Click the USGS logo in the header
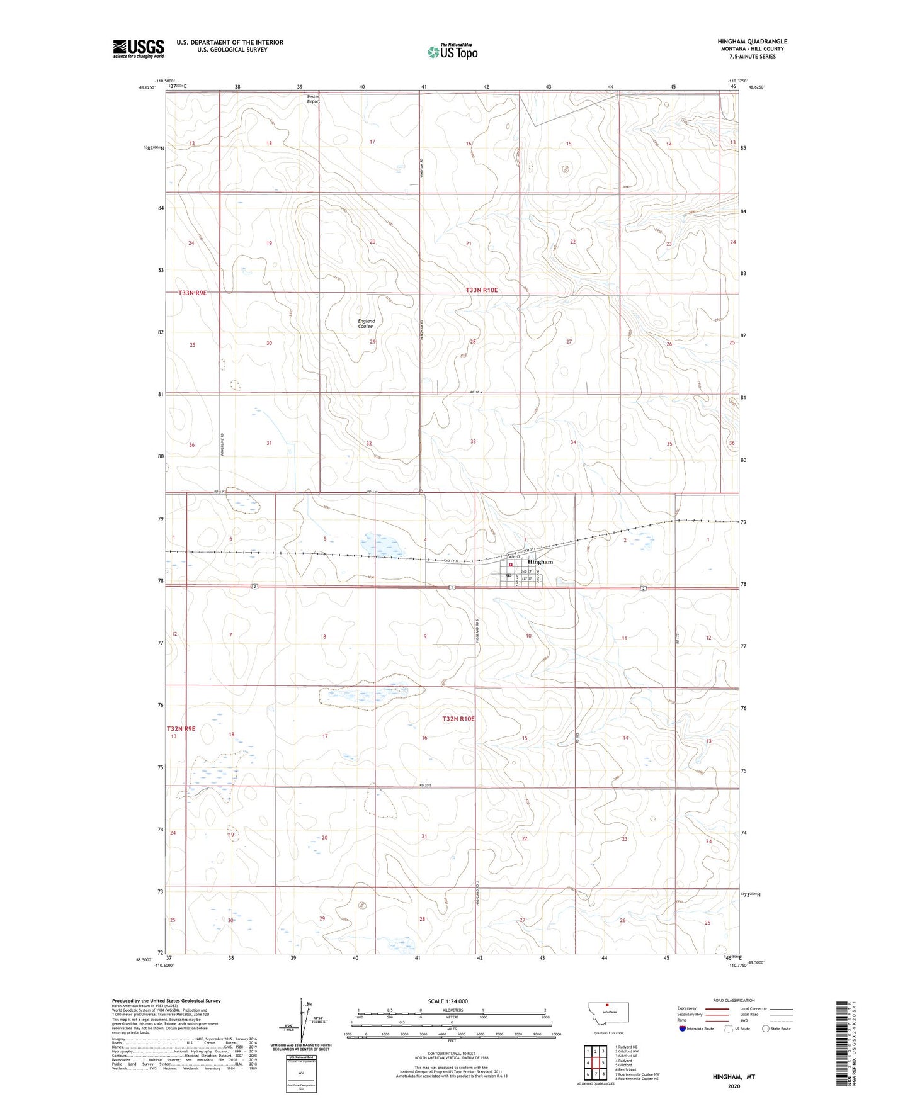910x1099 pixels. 138,48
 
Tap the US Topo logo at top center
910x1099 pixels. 452,52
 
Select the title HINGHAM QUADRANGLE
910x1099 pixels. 752,42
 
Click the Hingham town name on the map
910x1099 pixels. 540,562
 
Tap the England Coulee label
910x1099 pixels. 366,324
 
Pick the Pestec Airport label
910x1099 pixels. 314,99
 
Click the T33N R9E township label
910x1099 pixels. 192,293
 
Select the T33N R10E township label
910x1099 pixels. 482,290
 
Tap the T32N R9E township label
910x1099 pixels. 181,729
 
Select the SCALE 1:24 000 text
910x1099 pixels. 448,1001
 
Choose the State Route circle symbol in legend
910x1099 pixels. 766,1029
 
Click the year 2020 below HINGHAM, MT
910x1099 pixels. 734,1086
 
